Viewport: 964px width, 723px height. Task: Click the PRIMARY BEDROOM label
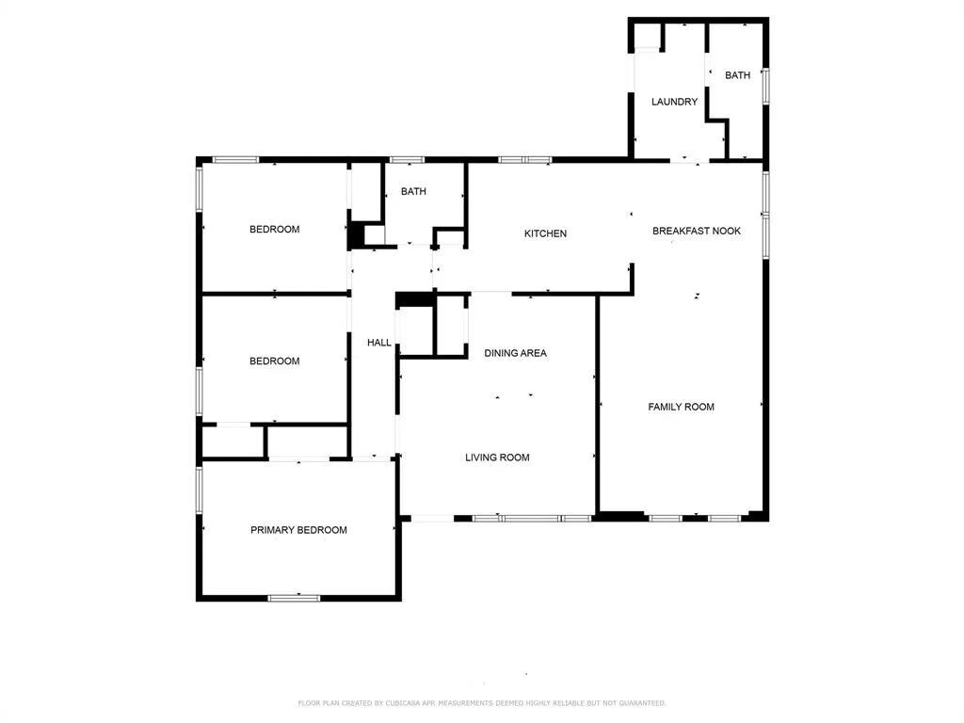pyautogui.click(x=298, y=530)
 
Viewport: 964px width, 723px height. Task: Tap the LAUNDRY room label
pyautogui.click(x=674, y=102)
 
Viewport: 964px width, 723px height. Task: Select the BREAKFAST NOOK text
pyautogui.click(x=697, y=232)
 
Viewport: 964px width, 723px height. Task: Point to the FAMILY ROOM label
pyautogui.click(x=682, y=407)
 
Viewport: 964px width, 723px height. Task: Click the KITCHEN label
pyautogui.click(x=545, y=233)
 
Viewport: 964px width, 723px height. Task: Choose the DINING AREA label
pyautogui.click(x=515, y=353)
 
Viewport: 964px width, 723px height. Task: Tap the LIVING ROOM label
pyautogui.click(x=497, y=458)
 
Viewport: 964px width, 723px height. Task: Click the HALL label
pyautogui.click(x=378, y=343)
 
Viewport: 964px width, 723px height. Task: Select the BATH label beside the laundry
pyautogui.click(x=737, y=75)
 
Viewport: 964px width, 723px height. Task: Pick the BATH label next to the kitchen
pyautogui.click(x=413, y=191)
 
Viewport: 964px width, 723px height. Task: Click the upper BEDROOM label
pyautogui.click(x=274, y=230)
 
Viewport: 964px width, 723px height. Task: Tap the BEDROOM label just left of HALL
pyautogui.click(x=274, y=361)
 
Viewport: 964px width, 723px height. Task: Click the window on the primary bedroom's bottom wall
pyautogui.click(x=295, y=598)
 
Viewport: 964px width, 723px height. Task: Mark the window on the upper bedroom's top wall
pyautogui.click(x=236, y=160)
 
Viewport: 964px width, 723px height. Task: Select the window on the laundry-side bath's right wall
pyautogui.click(x=766, y=86)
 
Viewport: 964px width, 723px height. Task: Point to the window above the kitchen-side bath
pyautogui.click(x=408, y=160)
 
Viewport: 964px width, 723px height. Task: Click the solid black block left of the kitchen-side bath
pyautogui.click(x=356, y=234)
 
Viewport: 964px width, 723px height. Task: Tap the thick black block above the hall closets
pyautogui.click(x=415, y=299)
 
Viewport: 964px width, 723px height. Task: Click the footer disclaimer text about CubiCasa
pyautogui.click(x=481, y=702)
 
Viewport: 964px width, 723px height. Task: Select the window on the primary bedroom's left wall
pyautogui.click(x=200, y=490)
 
